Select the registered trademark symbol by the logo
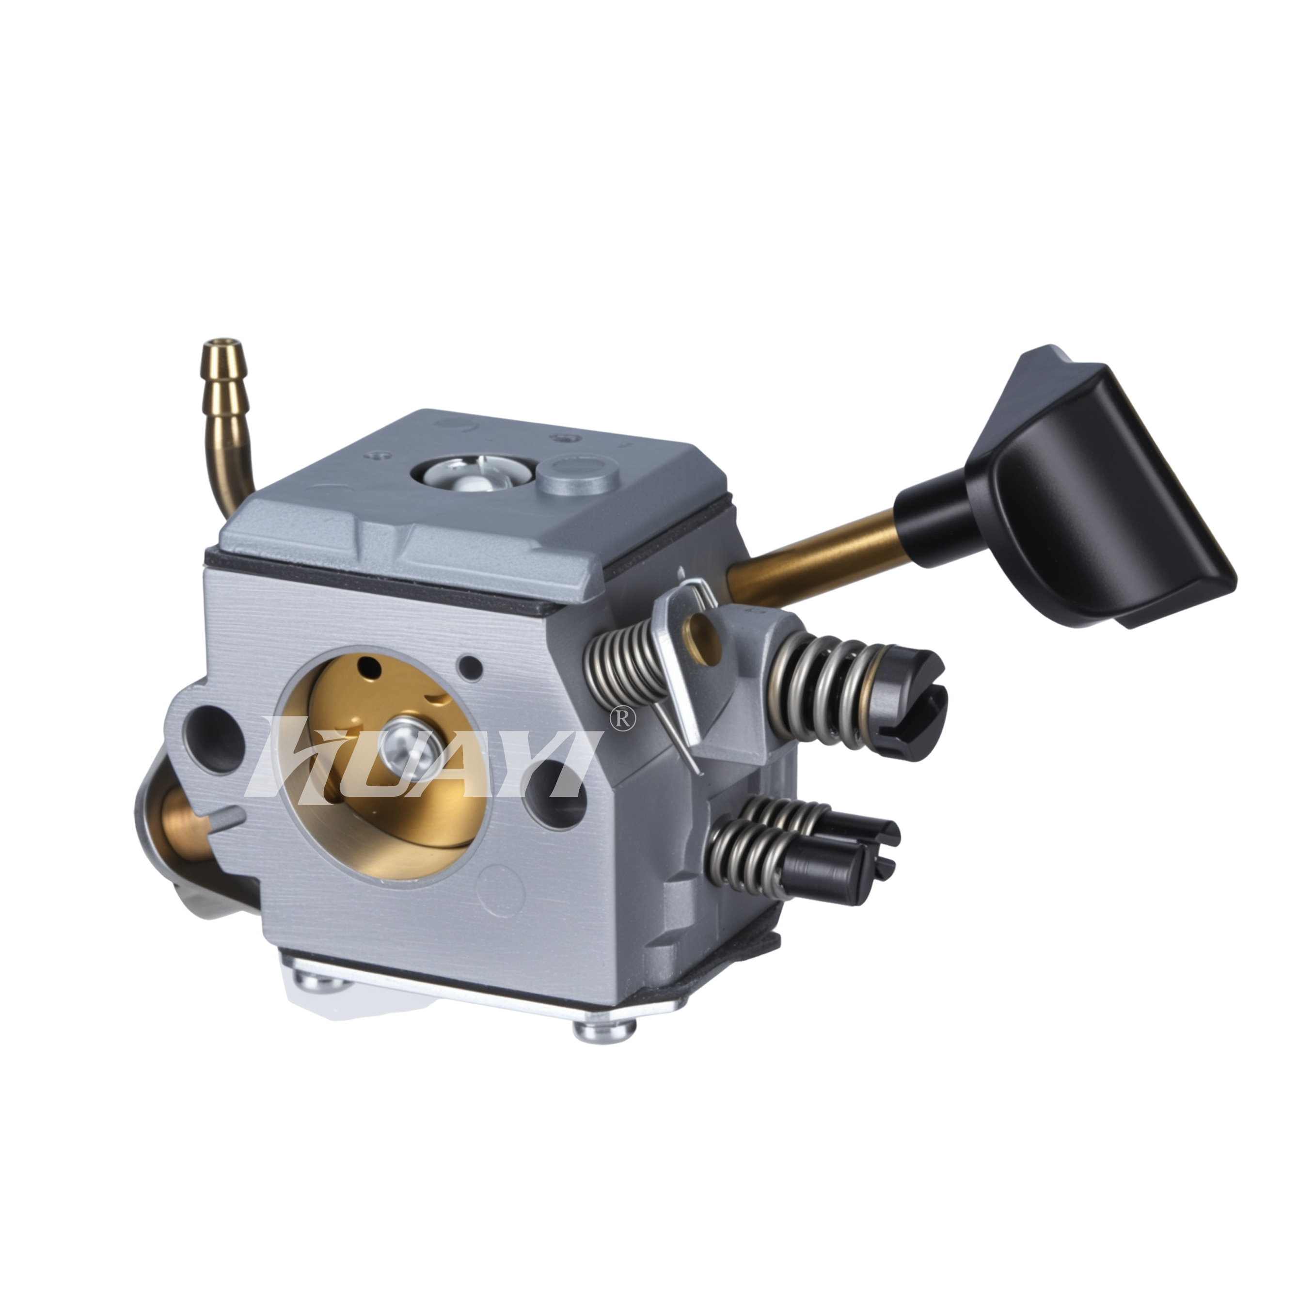pos(624,720)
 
